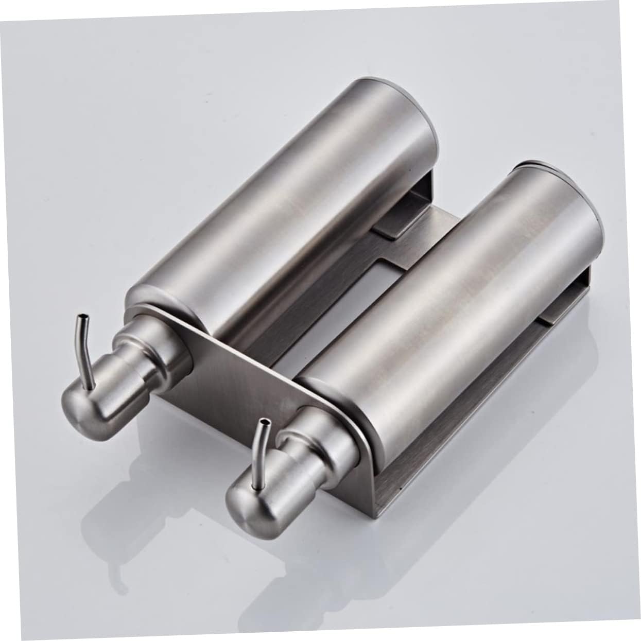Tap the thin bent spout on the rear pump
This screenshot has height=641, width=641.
(x=85, y=350)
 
